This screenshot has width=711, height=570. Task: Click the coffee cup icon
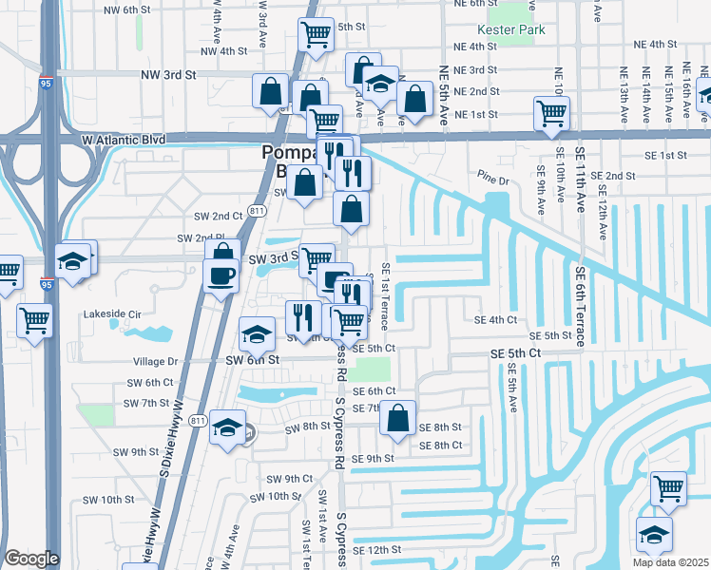click(x=222, y=275)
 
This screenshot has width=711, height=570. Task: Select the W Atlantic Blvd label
click(x=124, y=139)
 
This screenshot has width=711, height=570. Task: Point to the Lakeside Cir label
click(x=112, y=313)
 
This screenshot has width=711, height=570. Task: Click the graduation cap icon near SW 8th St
click(x=227, y=428)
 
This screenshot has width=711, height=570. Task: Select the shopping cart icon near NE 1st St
click(x=552, y=113)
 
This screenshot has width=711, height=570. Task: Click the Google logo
click(x=31, y=559)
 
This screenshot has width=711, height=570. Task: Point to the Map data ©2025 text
click(x=669, y=562)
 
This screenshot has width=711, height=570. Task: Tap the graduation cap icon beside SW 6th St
click(x=257, y=333)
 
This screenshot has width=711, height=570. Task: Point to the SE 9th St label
click(x=373, y=459)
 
